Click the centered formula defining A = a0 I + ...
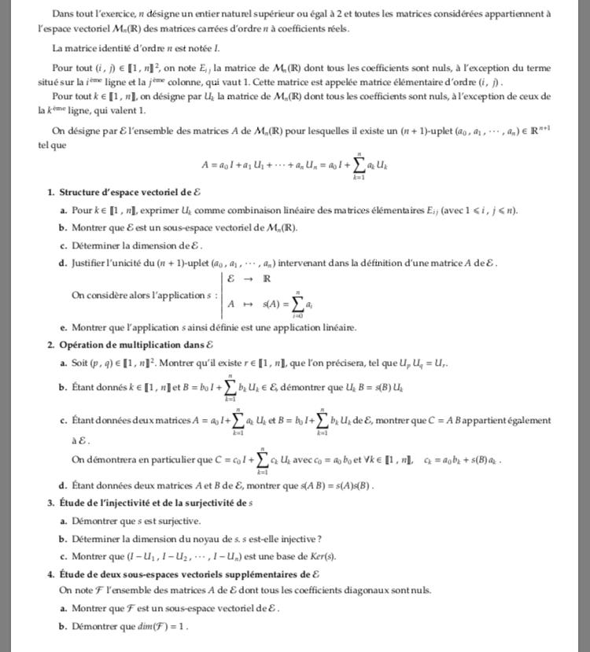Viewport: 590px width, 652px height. click(295, 164)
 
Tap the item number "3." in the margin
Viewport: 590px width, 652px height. click(50, 503)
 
